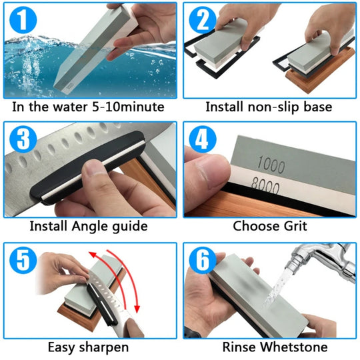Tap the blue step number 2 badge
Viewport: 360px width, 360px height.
(202, 22)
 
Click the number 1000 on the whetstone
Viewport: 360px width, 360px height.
(266, 161)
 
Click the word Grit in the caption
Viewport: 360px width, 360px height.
(293, 227)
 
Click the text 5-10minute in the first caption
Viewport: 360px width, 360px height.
(127, 107)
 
